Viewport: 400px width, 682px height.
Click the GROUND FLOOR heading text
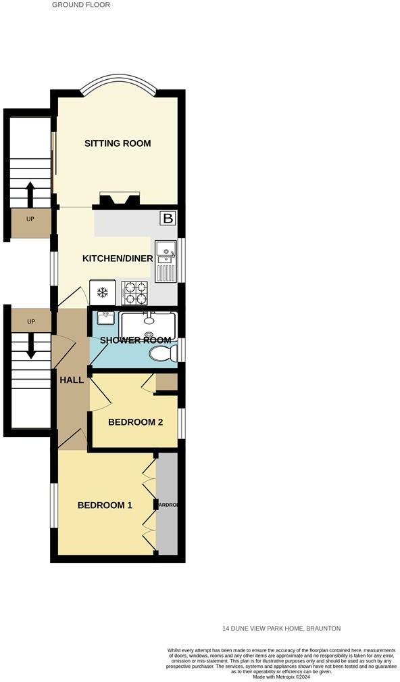[x=80, y=5]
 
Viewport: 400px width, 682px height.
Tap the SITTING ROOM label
[x=117, y=143]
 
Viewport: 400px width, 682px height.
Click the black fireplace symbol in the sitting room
[x=120, y=198]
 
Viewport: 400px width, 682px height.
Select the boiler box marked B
[x=167, y=219]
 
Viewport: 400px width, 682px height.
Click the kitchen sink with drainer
[x=166, y=261]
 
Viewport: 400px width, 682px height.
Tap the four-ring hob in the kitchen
[x=134, y=293]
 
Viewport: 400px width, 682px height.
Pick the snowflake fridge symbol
[x=103, y=293]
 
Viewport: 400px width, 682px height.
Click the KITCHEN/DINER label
[x=117, y=258]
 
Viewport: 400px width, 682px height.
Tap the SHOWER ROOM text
[x=135, y=340]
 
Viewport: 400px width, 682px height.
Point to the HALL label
[x=71, y=380]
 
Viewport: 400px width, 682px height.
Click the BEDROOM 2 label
[x=135, y=423]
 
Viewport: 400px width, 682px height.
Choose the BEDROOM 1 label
[x=105, y=505]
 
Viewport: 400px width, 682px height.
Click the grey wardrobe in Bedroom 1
[x=167, y=504]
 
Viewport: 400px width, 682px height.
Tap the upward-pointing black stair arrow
[x=30, y=194]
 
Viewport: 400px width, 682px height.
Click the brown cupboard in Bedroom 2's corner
[x=166, y=382]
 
